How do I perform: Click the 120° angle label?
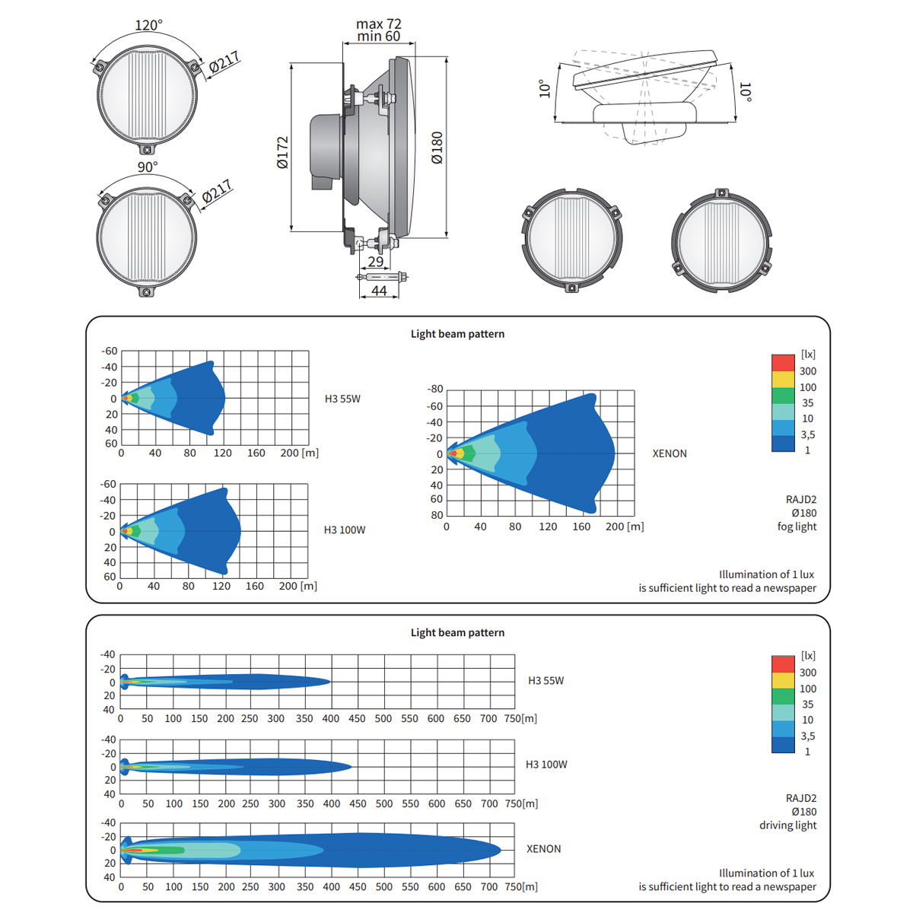(148, 25)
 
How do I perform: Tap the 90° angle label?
(148, 167)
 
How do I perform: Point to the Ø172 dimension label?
(282, 153)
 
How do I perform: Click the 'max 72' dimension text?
(379, 24)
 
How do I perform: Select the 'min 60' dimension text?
(379, 37)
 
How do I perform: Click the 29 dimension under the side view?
(375, 262)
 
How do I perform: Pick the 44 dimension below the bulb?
(379, 291)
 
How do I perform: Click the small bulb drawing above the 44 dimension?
(382, 277)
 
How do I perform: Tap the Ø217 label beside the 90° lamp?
(217, 192)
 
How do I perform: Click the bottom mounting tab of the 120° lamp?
(147, 150)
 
